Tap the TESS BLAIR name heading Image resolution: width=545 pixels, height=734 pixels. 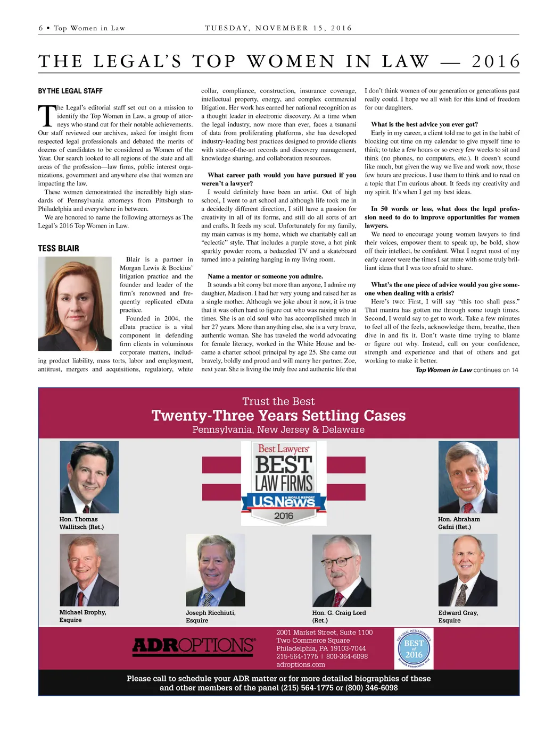59,248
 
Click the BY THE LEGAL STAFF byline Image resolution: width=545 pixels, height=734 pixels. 70,91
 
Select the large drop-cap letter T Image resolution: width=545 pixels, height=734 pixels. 47,116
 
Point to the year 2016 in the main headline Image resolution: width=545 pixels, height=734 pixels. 496,62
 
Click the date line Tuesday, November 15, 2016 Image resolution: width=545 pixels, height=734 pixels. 278,28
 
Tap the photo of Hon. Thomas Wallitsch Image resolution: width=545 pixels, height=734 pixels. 89,477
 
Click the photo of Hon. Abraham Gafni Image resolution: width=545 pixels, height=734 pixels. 467,477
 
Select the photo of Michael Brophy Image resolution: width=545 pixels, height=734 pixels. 89,570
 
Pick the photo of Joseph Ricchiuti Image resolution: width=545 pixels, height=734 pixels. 215,570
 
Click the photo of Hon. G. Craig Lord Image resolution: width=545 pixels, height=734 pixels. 341,570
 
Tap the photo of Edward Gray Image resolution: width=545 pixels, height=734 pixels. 467,570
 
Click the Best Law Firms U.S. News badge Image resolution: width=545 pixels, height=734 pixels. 284,483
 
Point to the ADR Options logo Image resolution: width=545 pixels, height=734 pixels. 194,645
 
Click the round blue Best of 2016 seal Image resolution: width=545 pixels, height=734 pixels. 414,648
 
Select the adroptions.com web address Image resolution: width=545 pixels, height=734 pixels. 301,664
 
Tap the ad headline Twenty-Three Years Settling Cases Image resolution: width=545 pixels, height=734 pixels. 278,416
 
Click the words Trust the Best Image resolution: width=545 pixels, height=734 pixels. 278,401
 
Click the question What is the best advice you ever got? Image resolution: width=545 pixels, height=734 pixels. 424,124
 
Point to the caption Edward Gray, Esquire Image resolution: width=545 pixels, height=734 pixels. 458,617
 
